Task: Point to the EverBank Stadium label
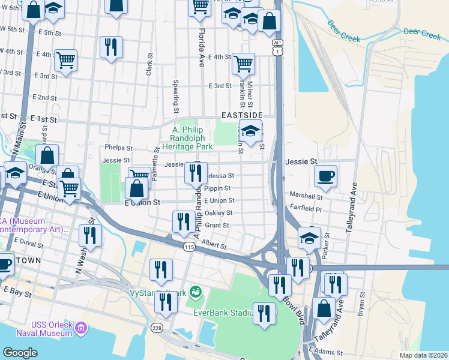(222, 312)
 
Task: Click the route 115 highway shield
(190, 247)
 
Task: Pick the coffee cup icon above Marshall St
(326, 175)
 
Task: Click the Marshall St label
(306, 196)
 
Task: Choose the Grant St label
(217, 226)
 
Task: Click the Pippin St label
(217, 188)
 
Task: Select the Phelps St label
(118, 148)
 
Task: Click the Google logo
(21, 352)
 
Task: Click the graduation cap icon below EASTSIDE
(251, 130)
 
